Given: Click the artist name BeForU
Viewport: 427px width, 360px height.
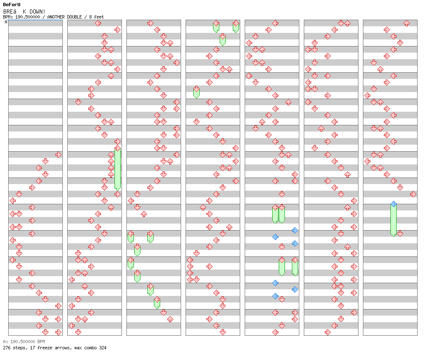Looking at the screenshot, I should pyautogui.click(x=11, y=5).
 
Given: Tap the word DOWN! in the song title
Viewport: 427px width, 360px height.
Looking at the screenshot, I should pyautogui.click(x=37, y=11).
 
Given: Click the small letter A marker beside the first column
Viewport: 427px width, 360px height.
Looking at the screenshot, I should pyautogui.click(x=6, y=22).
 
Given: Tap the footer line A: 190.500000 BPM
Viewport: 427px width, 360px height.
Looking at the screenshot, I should pyautogui.click(x=24, y=342).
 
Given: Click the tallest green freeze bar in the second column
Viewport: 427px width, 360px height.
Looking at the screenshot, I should pyautogui.click(x=117, y=168).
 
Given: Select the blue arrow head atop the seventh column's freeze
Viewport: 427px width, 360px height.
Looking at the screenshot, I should pyautogui.click(x=393, y=204).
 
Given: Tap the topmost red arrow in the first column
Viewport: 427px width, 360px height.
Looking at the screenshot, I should pyautogui.click(x=58, y=155).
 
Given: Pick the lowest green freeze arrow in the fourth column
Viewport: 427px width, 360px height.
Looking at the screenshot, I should pyautogui.click(x=196, y=92).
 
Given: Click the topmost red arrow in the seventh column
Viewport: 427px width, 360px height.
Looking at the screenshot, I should pyautogui.click(x=406, y=23).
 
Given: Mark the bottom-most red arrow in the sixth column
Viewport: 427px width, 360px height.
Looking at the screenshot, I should pyautogui.click(x=328, y=332).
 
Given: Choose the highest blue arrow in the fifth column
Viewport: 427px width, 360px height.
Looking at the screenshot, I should pyautogui.click(x=295, y=230).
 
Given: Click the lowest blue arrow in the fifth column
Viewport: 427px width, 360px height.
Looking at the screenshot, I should pyautogui.click(x=275, y=296).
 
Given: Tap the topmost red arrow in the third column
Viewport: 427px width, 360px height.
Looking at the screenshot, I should pyautogui.click(x=150, y=23).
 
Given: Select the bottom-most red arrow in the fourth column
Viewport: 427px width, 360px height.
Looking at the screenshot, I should pyautogui.click(x=223, y=332).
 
